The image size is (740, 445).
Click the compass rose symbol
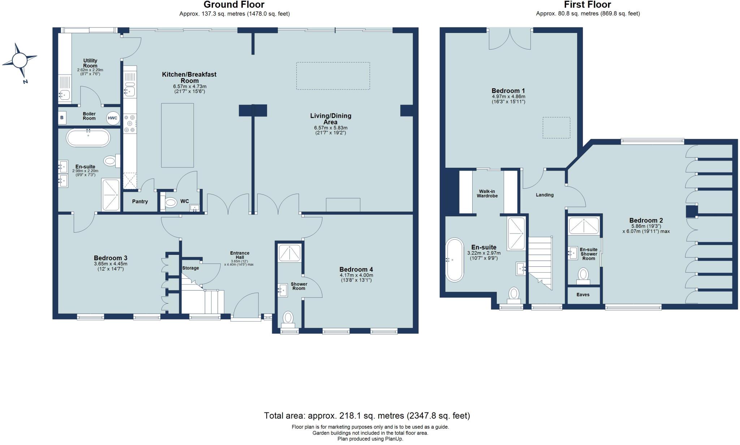[x=20, y=60]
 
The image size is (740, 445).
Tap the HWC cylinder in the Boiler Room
[x=112, y=118]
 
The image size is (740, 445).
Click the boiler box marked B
[x=62, y=118]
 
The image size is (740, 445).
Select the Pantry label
[x=140, y=202]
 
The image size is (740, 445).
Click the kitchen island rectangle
[x=177, y=135]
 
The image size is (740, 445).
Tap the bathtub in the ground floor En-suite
[x=88, y=137]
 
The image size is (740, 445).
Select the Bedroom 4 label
[x=356, y=269]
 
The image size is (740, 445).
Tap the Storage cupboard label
[x=190, y=268]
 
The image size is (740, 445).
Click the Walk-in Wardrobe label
[x=487, y=193]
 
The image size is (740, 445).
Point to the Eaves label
[x=583, y=295]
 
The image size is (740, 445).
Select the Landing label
[x=545, y=195]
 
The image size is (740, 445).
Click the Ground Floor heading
[x=234, y=5]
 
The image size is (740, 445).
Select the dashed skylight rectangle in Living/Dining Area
[x=333, y=76]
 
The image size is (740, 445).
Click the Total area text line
[x=367, y=416]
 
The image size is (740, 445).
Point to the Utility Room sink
[x=64, y=95]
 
